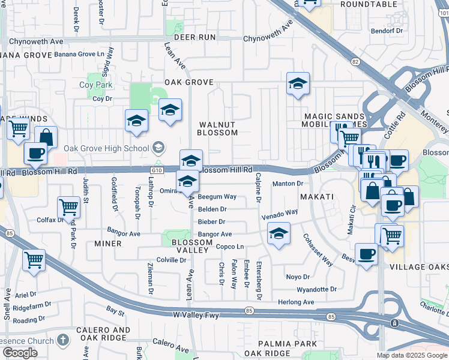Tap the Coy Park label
click(x=96, y=85)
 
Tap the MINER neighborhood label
click(x=108, y=244)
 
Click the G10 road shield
click(x=157, y=170)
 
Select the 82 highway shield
click(x=356, y=62)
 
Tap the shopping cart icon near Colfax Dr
click(x=69, y=208)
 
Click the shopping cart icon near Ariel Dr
click(x=34, y=260)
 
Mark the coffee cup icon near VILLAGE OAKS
click(x=366, y=254)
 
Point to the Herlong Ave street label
click(x=296, y=302)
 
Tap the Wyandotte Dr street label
click(x=317, y=289)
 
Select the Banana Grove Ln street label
click(x=75, y=54)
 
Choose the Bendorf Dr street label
click(x=387, y=30)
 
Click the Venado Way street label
click(x=279, y=214)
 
